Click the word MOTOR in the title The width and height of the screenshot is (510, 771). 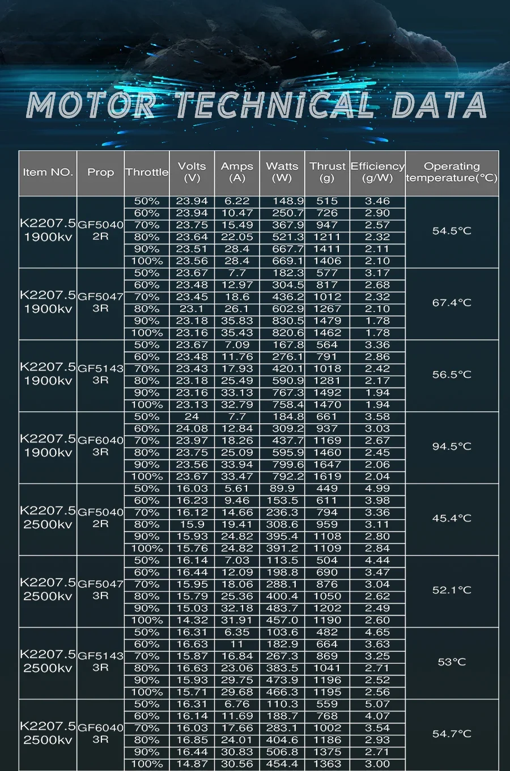pyautogui.click(x=91, y=106)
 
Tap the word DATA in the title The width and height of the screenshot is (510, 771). pyautogui.click(x=439, y=106)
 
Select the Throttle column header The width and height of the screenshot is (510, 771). pyautogui.click(x=147, y=172)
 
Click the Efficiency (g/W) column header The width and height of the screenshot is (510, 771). pyautogui.click(x=377, y=172)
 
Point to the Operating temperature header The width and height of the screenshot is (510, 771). pyautogui.click(x=452, y=172)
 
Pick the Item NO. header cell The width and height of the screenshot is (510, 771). pyautogui.click(x=48, y=172)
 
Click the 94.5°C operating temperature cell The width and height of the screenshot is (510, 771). pyautogui.click(x=452, y=446)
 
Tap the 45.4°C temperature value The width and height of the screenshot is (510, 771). pyautogui.click(x=452, y=518)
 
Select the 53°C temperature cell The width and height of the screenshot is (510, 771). pyautogui.click(x=452, y=662)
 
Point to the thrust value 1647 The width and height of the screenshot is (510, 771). pyautogui.click(x=327, y=465)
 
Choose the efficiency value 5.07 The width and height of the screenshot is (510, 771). pyautogui.click(x=377, y=704)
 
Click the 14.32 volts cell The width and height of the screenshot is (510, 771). pyautogui.click(x=192, y=620)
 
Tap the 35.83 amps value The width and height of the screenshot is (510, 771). pyautogui.click(x=237, y=321)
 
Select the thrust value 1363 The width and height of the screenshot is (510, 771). pyautogui.click(x=327, y=764)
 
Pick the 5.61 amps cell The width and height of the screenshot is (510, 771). pyautogui.click(x=237, y=488)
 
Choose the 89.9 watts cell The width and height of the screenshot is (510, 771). pyautogui.click(x=282, y=488)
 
